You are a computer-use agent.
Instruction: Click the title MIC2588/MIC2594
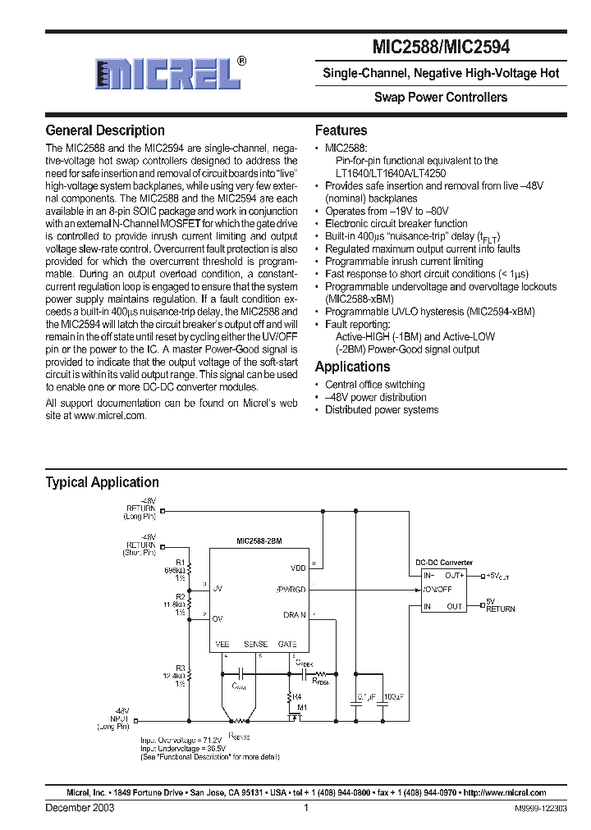[442, 48]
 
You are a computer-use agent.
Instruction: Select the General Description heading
[105, 130]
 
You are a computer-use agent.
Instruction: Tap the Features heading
[341, 130]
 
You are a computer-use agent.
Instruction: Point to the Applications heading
[352, 367]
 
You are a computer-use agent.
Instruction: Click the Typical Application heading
[102, 482]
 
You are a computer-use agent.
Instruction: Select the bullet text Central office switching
[374, 385]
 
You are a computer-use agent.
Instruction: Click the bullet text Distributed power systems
[382, 409]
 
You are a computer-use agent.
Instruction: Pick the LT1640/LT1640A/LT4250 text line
[393, 174]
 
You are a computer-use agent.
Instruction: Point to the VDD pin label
[297, 567]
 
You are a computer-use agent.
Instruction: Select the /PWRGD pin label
[291, 589]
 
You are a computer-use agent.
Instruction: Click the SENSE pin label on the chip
[256, 645]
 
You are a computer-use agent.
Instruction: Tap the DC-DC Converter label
[444, 563]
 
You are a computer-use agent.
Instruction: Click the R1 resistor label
[181, 562]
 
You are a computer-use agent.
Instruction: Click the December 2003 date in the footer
[80, 808]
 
